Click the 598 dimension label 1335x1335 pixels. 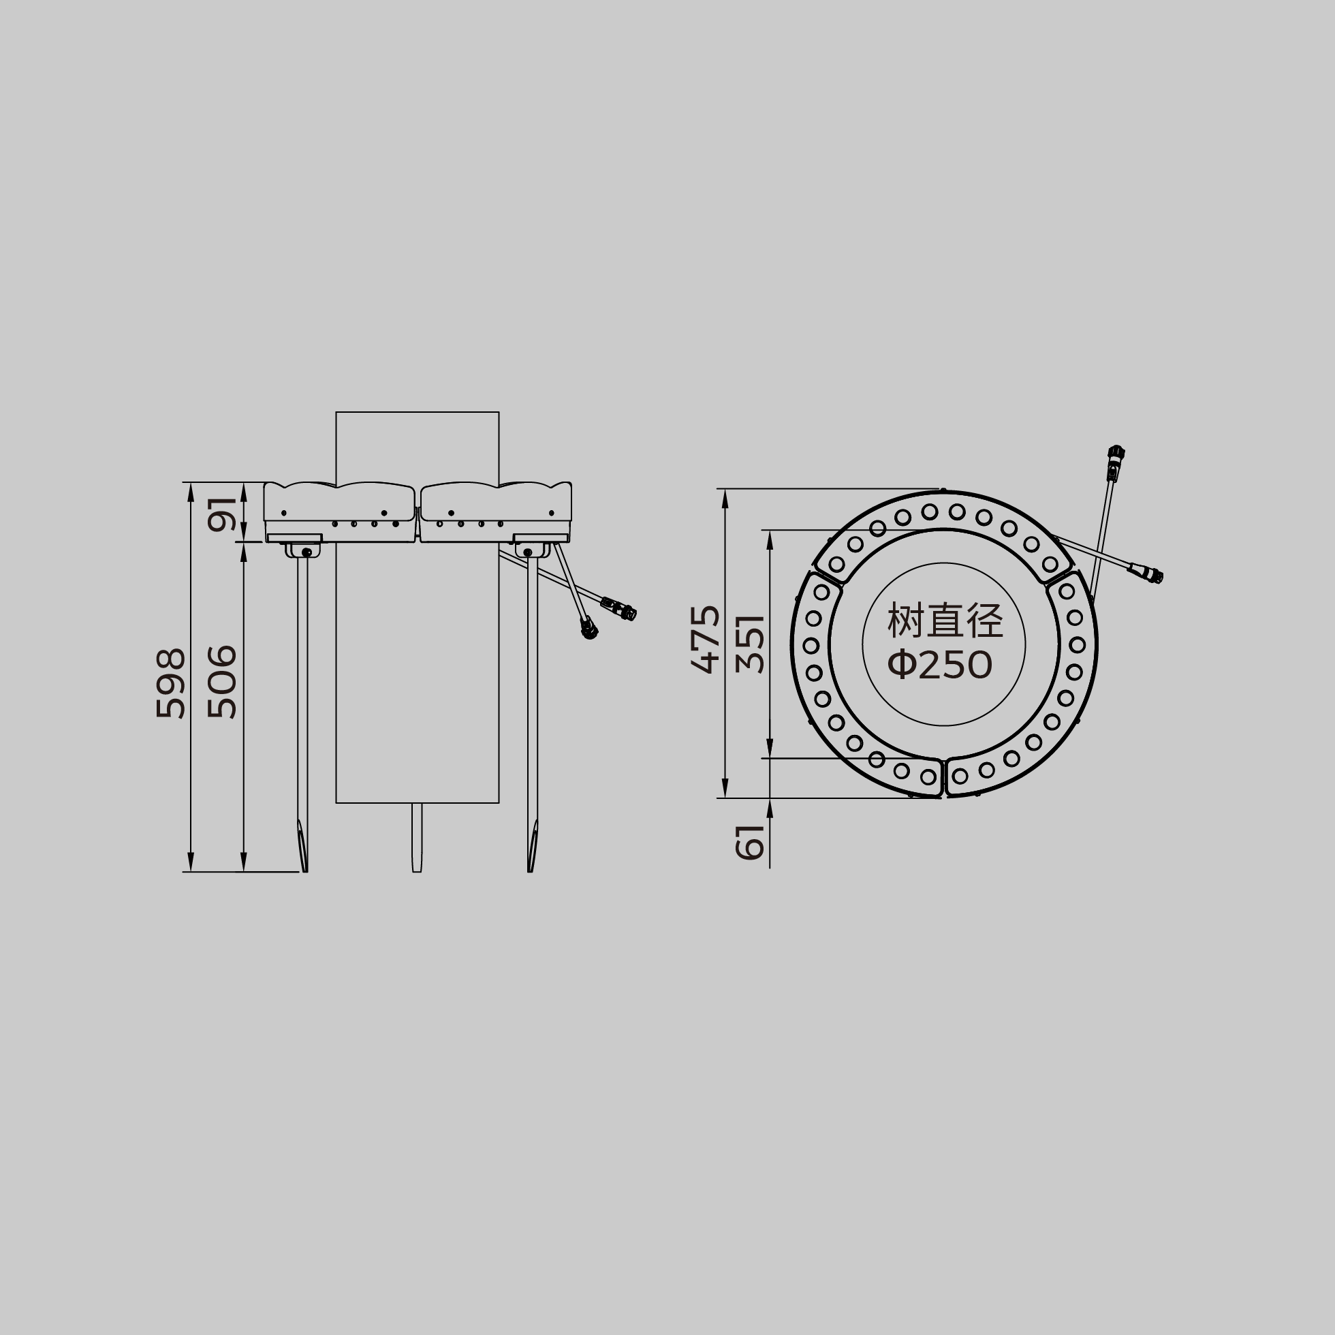pyautogui.click(x=171, y=683)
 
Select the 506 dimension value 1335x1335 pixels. pyautogui.click(x=223, y=682)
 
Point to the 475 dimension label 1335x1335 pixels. pyautogui.click(x=706, y=639)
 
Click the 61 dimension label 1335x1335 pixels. pyautogui.click(x=751, y=843)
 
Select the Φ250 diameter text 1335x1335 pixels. pyautogui.click(x=941, y=665)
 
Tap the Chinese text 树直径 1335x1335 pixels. pyautogui.click(x=945, y=621)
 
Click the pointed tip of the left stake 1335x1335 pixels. pyautogui.click(x=305, y=871)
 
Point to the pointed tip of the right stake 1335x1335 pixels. pyautogui.click(x=529, y=871)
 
